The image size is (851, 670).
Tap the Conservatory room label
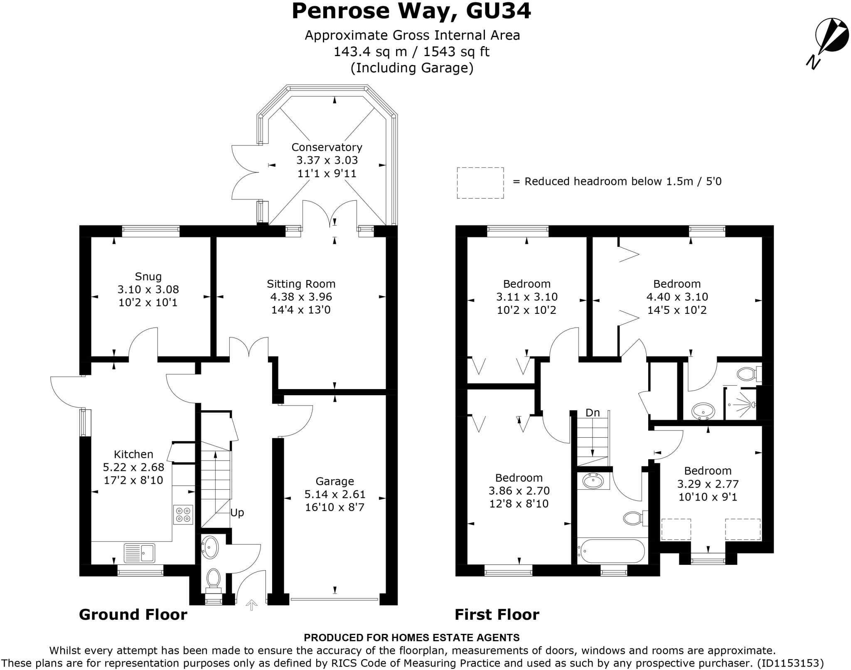point(327,147)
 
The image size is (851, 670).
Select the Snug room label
point(148,276)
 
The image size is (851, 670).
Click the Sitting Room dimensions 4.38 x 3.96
point(301,297)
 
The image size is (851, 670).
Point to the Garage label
point(334,481)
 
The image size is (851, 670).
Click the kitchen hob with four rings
point(183,515)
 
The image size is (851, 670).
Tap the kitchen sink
point(139,553)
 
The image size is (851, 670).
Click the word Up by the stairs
point(237,512)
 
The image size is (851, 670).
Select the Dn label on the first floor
point(593,413)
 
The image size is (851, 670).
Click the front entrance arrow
point(251,605)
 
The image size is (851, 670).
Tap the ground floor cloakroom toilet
point(213,579)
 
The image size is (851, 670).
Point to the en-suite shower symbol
point(742,403)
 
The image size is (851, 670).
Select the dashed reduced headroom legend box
point(480,183)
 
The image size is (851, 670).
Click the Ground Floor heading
point(133,614)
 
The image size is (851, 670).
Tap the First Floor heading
point(497,614)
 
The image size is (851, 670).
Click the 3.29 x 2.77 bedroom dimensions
point(708,484)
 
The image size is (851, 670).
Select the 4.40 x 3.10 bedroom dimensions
point(677,297)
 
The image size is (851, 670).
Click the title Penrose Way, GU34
point(411,11)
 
